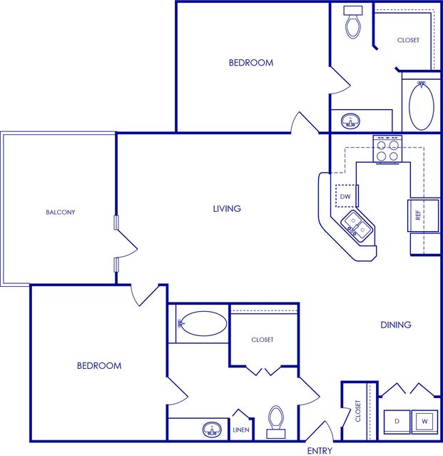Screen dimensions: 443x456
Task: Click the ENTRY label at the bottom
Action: [x=320, y=450]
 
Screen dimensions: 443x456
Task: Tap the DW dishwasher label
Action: [x=345, y=196]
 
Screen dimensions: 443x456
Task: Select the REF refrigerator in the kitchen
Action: [x=423, y=216]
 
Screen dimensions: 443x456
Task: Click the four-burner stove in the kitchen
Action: [x=387, y=149]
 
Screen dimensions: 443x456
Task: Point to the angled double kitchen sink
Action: [x=357, y=226]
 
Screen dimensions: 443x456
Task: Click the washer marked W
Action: [x=424, y=422]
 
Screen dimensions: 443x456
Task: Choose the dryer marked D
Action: [x=397, y=422]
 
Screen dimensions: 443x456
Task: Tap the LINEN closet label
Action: [x=241, y=430]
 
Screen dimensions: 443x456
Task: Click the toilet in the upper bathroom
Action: [x=353, y=22]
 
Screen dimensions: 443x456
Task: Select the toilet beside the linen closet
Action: [x=276, y=422]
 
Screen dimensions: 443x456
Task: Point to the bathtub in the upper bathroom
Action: [x=421, y=106]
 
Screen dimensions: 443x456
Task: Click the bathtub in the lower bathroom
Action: [x=203, y=323]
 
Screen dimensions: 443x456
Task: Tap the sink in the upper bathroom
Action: [x=350, y=121]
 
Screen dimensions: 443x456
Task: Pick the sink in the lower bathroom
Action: [x=212, y=430]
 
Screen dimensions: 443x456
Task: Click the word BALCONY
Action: [x=61, y=212]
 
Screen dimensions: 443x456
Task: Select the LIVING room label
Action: [x=227, y=208]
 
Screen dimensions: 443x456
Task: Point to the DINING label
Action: [x=396, y=325]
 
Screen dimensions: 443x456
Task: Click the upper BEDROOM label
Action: [x=251, y=63]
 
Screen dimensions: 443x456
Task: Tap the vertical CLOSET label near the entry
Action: [x=358, y=411]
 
